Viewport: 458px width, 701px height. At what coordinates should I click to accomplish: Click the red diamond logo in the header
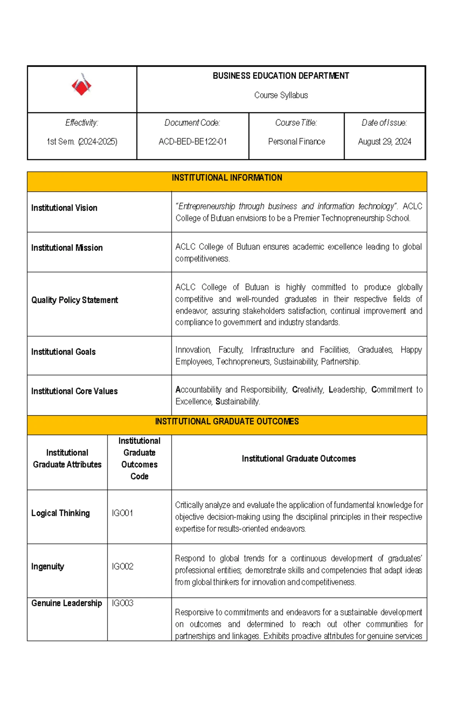81,85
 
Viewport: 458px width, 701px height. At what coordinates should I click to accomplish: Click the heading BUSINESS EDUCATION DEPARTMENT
281,76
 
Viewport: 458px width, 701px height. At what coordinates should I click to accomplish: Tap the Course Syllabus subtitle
281,95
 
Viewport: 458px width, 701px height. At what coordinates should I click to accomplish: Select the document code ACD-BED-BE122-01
193,142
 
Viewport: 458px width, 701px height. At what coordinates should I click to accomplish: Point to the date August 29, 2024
384,142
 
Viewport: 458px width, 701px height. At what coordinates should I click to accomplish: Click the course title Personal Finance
297,142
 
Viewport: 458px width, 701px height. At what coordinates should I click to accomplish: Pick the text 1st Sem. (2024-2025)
82,142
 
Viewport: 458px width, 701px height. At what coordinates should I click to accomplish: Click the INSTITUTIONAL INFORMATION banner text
227,178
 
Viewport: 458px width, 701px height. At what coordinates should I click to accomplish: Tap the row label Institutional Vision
64,208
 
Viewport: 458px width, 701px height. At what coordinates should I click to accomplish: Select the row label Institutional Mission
67,248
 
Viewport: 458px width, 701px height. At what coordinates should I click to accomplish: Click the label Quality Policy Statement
74,300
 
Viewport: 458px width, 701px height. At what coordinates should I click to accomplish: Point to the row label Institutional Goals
63,352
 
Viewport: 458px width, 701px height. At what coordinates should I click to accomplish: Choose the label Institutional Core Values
74,391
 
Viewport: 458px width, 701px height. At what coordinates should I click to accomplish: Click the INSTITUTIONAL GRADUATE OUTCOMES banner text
227,421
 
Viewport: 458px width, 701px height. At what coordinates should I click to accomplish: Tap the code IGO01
122,513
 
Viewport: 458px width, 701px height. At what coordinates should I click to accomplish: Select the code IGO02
123,567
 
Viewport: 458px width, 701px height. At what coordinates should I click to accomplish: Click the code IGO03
123,603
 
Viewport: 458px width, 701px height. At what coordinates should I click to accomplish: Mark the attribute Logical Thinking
60,513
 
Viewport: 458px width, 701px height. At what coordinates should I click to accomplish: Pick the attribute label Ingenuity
48,567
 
